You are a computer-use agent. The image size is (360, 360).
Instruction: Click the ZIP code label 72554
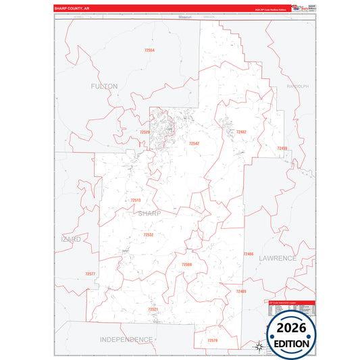(x=149, y=51)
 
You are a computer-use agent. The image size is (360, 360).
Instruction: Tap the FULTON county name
(x=104, y=86)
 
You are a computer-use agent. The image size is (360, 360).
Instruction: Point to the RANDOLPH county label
(x=297, y=86)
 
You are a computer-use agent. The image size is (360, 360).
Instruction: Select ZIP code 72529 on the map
(x=145, y=132)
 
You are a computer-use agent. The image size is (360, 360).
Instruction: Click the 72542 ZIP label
(x=194, y=143)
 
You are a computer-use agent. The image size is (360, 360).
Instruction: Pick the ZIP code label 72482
(x=241, y=132)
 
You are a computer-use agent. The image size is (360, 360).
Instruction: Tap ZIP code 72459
(x=282, y=148)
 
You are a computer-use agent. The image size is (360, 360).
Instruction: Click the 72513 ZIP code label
(x=136, y=200)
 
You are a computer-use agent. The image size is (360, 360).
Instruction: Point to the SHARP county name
(x=149, y=213)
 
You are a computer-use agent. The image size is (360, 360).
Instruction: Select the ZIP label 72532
(x=148, y=234)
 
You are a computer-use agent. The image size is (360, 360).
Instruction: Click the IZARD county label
(x=70, y=239)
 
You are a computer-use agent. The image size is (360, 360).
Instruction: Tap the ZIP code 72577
(x=91, y=274)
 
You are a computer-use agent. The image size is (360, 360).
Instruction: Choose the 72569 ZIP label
(x=186, y=264)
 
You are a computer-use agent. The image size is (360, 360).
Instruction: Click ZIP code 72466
(x=248, y=254)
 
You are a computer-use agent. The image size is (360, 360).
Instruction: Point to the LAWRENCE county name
(x=277, y=258)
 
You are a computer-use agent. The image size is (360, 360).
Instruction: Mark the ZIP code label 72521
(x=153, y=309)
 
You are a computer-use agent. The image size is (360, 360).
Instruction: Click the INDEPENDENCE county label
(x=126, y=338)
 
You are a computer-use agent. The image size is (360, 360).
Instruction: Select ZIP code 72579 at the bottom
(x=213, y=340)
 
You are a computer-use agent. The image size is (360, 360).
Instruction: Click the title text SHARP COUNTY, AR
(x=73, y=9)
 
